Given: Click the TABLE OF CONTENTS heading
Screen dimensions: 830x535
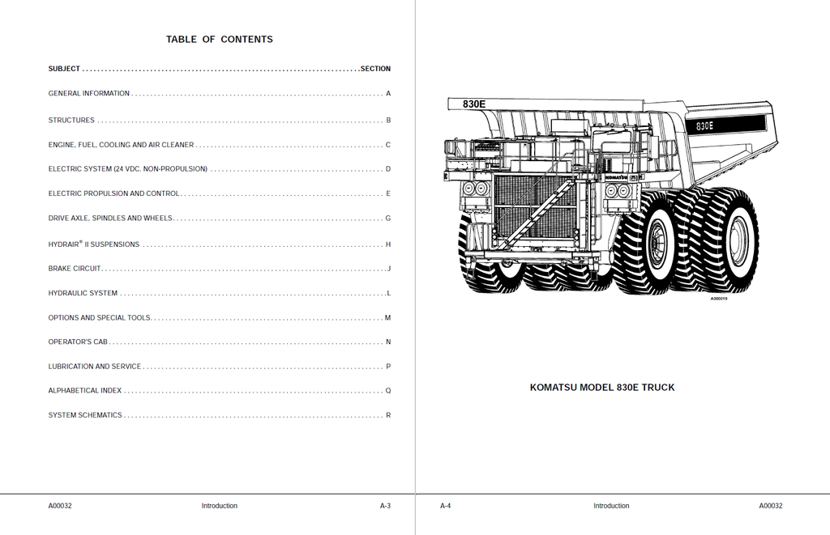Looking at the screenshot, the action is click(219, 39).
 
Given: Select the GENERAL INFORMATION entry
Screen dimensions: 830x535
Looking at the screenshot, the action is click(89, 94).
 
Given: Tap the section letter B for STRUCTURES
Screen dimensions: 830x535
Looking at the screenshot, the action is click(388, 121).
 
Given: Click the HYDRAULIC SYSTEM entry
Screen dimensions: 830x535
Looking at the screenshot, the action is click(83, 294).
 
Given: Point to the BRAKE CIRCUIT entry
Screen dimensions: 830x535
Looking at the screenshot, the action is click(74, 269).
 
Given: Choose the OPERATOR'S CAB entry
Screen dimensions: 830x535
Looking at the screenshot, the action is click(78, 342).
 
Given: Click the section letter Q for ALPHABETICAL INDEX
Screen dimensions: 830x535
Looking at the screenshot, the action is click(388, 391).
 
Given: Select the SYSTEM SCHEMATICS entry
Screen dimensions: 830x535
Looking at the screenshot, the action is click(84, 415).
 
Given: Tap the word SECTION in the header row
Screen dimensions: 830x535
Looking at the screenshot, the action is click(375, 69).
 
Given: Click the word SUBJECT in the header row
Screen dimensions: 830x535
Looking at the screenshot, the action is click(64, 69).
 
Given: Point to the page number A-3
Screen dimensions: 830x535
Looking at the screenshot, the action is click(385, 506).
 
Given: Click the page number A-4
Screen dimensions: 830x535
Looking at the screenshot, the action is click(445, 506).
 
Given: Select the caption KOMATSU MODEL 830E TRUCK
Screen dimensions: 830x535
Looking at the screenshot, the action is click(602, 388).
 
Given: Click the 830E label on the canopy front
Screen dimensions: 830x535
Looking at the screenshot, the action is click(473, 104).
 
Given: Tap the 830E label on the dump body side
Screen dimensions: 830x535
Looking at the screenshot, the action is click(704, 126).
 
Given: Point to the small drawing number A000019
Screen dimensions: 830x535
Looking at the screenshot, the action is click(719, 299).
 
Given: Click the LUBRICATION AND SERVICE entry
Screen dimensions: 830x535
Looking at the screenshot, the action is click(95, 367).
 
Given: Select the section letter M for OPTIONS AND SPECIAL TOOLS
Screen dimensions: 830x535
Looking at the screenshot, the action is click(387, 318).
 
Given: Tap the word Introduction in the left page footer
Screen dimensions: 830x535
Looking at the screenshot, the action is click(219, 506).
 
